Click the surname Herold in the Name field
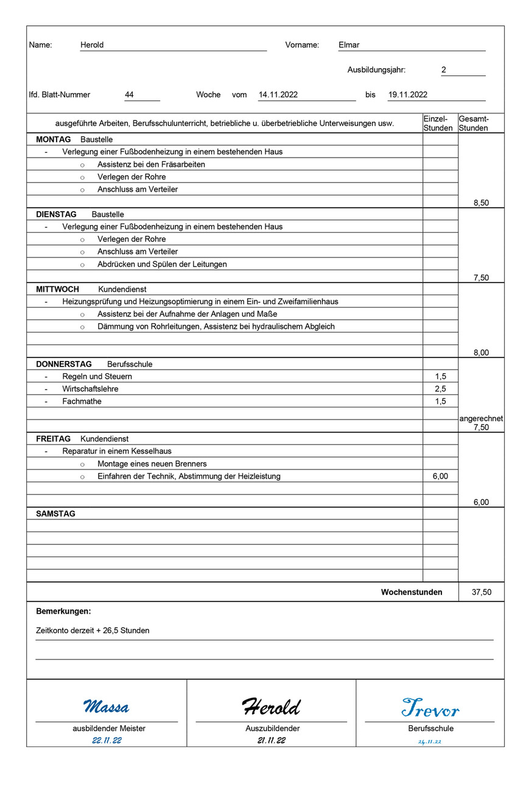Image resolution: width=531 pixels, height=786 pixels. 92,45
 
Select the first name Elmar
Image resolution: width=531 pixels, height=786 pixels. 349,45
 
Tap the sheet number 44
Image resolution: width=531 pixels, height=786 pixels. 129,95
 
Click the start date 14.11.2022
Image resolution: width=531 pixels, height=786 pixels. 278,95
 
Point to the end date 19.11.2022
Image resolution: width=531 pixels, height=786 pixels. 407,95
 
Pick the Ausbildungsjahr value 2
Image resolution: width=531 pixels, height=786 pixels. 444,70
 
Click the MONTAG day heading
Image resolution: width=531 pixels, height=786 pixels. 54,139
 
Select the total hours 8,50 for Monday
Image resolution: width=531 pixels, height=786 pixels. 481,203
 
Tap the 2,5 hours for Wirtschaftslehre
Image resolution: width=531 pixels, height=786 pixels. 440,389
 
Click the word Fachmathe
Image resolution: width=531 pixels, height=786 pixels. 82,402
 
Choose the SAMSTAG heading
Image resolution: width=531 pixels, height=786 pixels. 55,514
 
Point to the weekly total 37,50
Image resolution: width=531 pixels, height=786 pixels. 481,592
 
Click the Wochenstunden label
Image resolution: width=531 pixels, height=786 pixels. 412,592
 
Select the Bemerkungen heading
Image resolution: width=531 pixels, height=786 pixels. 63,611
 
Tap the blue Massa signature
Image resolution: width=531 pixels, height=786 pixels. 106,707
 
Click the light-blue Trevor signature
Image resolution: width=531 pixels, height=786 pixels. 431,708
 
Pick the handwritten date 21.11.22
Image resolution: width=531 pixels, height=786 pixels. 271,740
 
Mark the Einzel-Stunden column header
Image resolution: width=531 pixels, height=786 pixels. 438,124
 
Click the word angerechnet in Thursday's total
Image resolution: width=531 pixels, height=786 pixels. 481,419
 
